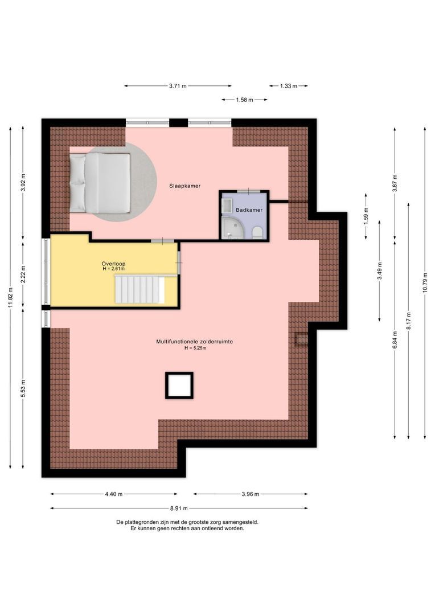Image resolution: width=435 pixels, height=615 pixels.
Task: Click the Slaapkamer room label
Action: (x=184, y=186)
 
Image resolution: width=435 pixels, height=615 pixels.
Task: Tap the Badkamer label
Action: (x=249, y=210)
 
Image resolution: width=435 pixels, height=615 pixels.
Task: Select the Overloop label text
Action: (x=113, y=264)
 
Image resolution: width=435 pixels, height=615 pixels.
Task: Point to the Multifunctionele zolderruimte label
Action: (x=195, y=342)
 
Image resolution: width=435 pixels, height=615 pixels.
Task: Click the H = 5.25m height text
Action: (x=195, y=348)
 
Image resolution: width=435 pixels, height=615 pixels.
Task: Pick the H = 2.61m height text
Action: (x=113, y=269)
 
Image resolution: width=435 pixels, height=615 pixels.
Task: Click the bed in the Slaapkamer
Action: (x=100, y=183)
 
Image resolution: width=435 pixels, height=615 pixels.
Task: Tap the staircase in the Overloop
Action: (x=139, y=289)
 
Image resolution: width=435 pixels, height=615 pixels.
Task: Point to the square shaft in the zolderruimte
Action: (x=179, y=386)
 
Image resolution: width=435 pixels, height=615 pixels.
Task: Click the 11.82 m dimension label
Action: (x=10, y=298)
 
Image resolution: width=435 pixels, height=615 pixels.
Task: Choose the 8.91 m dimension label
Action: (x=179, y=509)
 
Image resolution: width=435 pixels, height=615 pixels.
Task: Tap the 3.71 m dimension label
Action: (x=178, y=86)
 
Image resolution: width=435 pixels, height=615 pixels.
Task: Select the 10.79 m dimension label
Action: (x=425, y=282)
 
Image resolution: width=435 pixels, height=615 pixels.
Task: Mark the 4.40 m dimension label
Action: (x=114, y=494)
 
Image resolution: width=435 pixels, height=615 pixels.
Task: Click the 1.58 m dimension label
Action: (x=244, y=100)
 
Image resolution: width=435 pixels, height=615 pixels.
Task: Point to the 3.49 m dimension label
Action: (x=380, y=271)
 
